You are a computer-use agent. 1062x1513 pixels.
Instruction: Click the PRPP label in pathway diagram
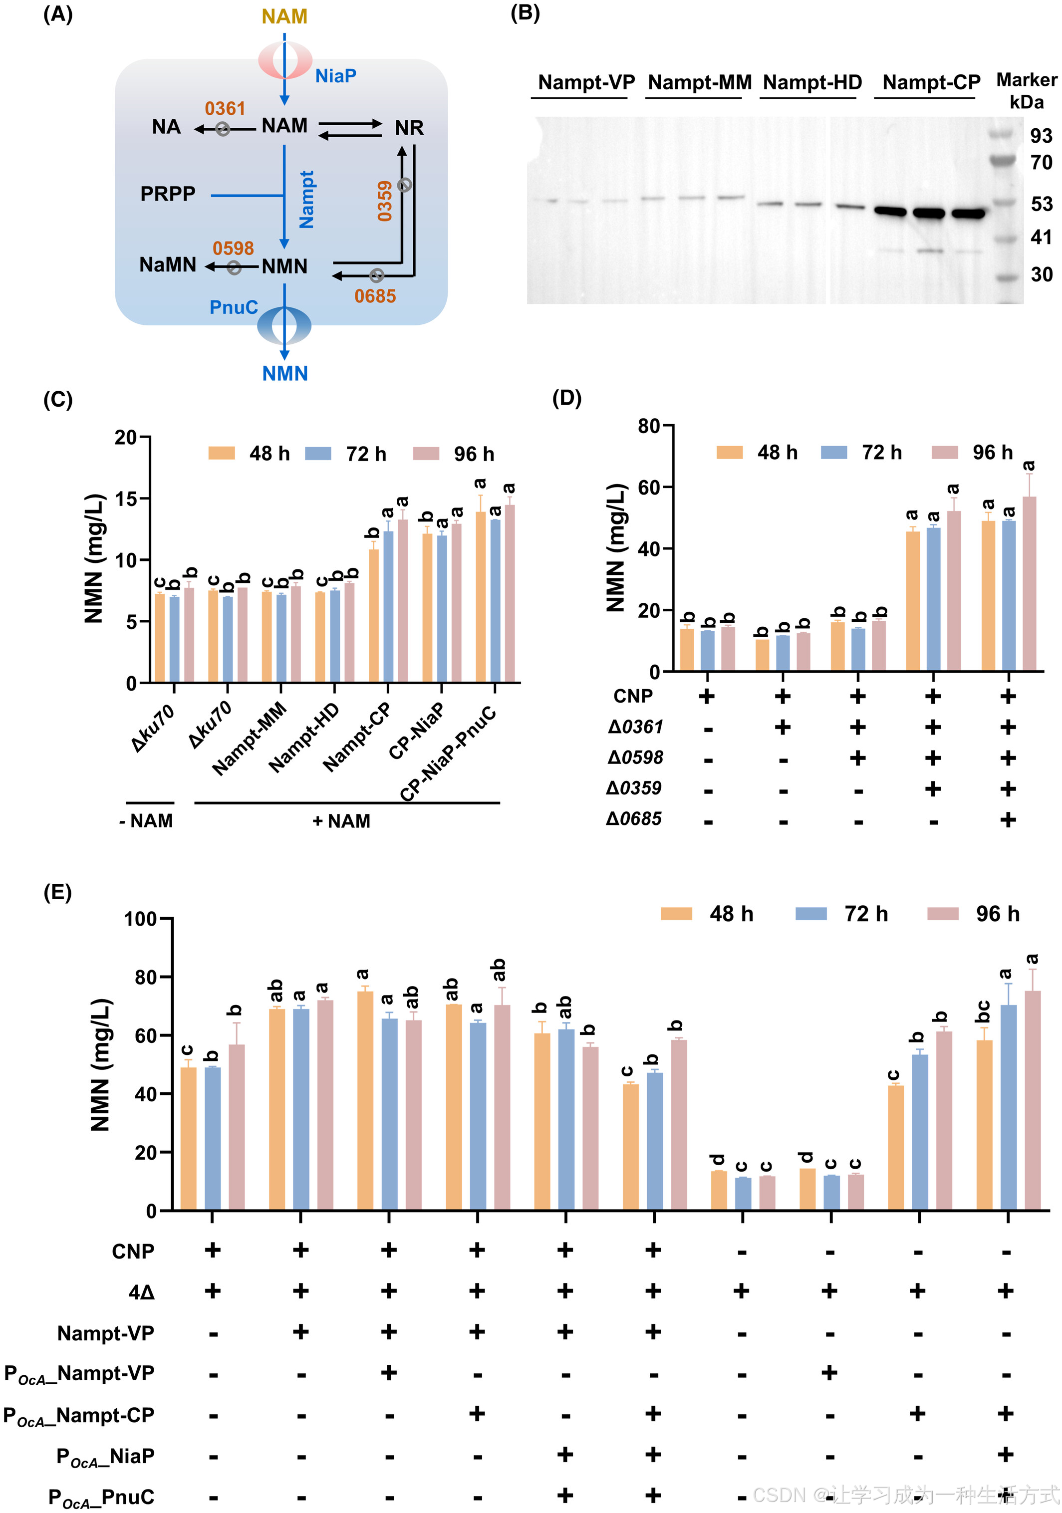168,194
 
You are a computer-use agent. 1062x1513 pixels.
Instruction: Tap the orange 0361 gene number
225,109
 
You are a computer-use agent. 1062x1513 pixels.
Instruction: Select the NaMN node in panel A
168,265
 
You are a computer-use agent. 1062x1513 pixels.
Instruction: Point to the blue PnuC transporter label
234,308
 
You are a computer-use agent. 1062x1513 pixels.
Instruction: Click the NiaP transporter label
335,76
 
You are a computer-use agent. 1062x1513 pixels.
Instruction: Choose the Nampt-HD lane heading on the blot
812,82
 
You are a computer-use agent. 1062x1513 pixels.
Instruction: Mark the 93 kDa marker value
1041,136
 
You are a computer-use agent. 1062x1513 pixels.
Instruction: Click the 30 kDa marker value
1041,275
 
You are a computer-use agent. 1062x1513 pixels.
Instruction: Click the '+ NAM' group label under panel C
341,821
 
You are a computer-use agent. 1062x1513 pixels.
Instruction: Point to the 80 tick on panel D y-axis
649,426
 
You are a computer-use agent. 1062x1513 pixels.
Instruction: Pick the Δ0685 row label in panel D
634,819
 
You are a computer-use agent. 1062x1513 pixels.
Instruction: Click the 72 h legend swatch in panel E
811,913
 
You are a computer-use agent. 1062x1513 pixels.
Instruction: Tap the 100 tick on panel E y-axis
140,919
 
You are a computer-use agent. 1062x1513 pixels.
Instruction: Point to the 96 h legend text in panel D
992,453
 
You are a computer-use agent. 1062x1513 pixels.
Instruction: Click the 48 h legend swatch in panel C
222,454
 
